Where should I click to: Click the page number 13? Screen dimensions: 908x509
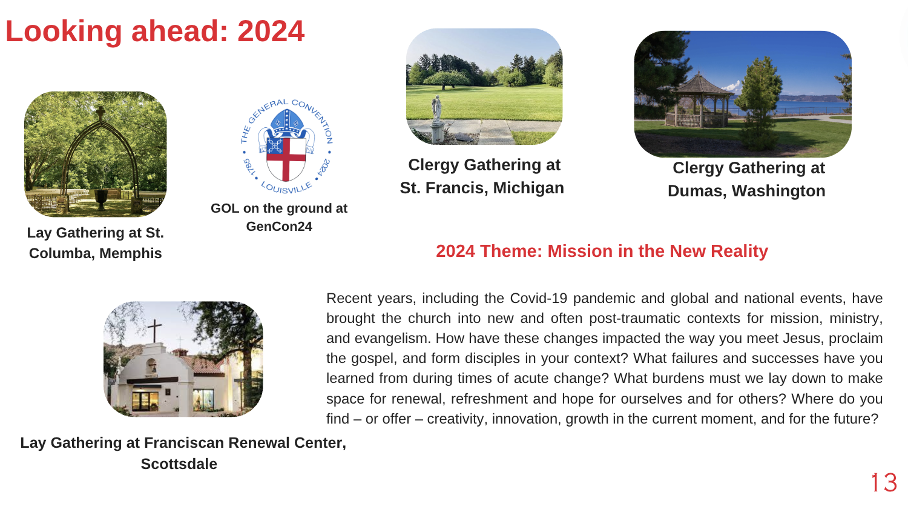(x=884, y=482)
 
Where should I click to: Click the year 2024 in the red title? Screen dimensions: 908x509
(x=271, y=32)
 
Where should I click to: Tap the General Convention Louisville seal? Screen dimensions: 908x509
(x=286, y=146)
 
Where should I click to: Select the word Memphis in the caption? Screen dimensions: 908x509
(x=131, y=253)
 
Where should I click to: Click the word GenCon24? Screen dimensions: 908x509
(x=279, y=226)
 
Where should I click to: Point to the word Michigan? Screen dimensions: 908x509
(x=528, y=188)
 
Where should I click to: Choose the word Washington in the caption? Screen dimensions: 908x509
(x=778, y=191)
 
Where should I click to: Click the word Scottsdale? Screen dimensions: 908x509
(x=179, y=464)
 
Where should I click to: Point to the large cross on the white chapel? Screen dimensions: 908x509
(x=154, y=330)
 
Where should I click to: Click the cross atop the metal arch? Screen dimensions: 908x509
(x=100, y=113)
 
